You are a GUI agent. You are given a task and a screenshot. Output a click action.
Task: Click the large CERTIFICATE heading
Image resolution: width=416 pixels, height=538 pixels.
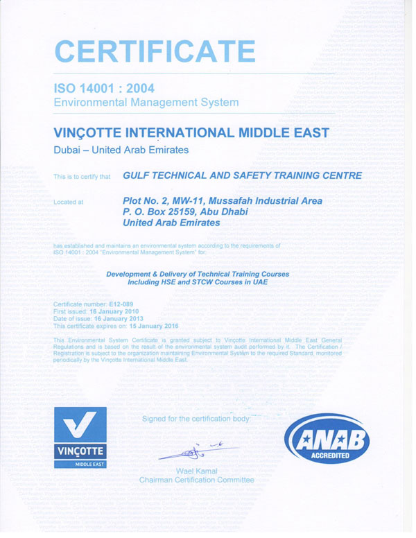pos(155,51)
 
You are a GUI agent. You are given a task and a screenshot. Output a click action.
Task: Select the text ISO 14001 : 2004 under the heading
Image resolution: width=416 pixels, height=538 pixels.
pos(104,88)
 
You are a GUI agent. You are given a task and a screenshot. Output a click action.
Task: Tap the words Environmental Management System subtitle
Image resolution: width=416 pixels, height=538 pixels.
pos(146,103)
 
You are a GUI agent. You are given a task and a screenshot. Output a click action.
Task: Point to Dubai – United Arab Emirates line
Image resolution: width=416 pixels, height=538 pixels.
pos(121,150)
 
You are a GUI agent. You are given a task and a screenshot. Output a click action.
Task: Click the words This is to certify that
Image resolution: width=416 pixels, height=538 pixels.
pos(82,177)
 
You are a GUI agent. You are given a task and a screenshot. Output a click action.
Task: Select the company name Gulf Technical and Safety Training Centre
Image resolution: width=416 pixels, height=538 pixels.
pos(242,175)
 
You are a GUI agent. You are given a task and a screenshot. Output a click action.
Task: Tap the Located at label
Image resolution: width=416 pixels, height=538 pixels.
pos(69,202)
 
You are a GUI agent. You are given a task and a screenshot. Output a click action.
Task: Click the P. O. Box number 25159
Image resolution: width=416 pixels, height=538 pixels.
pos(182,212)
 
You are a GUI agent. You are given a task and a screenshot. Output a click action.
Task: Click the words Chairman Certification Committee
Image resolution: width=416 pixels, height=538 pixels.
pos(196,480)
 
